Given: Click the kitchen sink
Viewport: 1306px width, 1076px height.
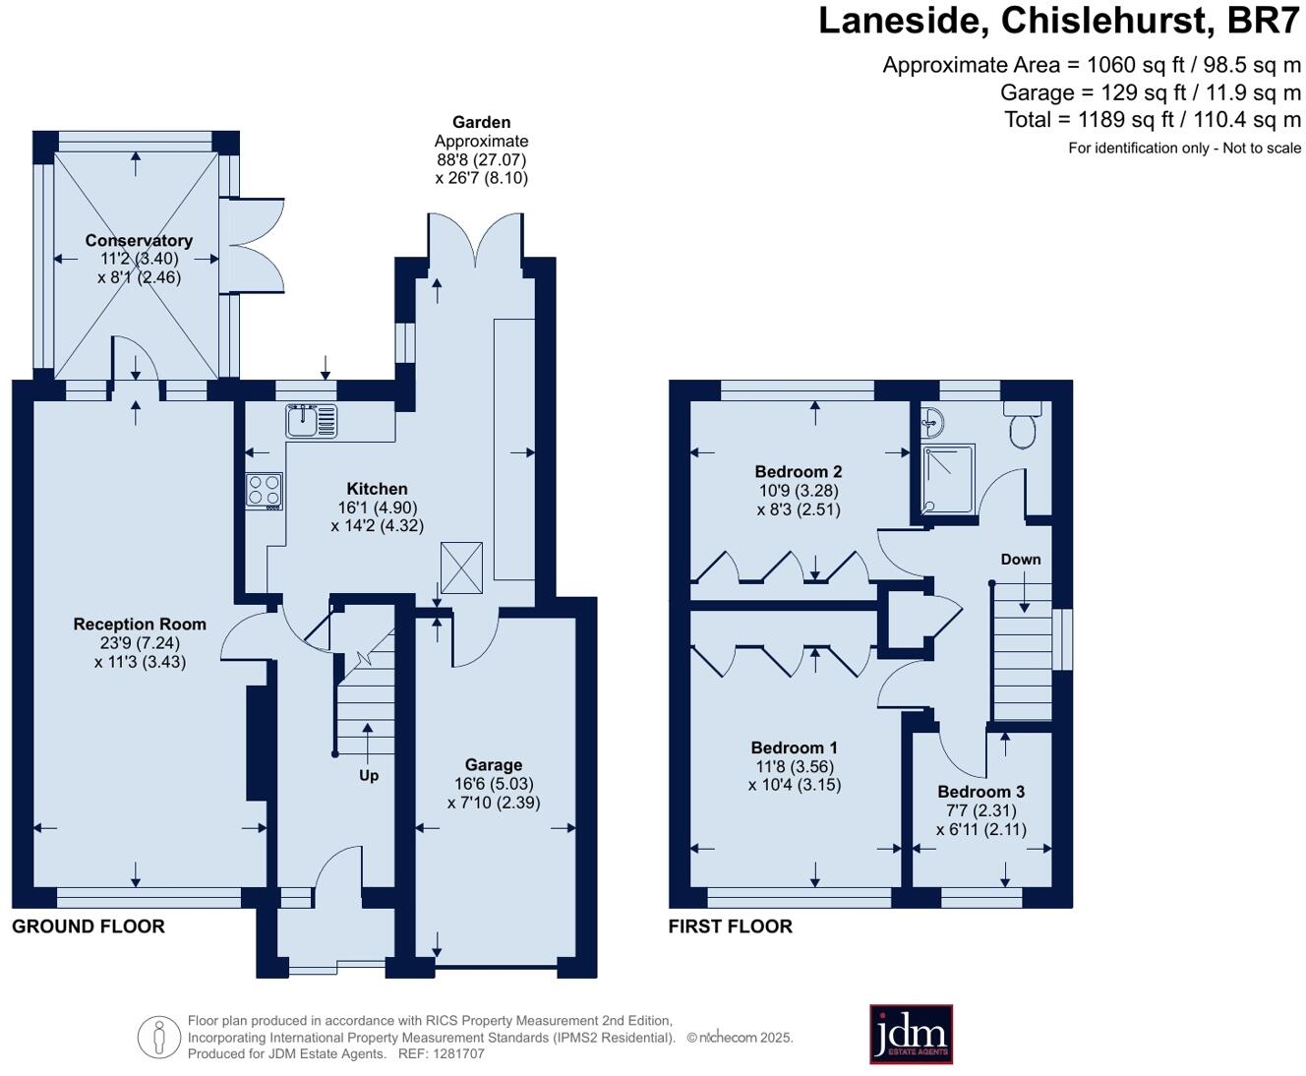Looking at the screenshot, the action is point(312,420).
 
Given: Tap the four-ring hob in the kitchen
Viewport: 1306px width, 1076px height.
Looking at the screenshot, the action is point(265,491).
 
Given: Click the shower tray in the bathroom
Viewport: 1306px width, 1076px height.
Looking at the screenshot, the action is point(949,479).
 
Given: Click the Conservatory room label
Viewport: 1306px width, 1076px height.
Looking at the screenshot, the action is point(139,241).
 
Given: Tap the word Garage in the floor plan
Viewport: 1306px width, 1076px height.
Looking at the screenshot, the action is point(494,765).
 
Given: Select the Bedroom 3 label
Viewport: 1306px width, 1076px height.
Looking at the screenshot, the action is point(980,792).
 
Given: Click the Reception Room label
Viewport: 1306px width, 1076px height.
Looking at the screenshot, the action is point(140,624).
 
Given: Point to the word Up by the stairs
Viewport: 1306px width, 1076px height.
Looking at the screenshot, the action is point(369,776).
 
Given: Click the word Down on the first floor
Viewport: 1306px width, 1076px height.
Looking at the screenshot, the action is point(1021,560).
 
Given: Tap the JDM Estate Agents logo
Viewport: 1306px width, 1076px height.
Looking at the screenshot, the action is point(911,1034).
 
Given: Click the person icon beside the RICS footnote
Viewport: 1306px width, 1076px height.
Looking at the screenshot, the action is point(159,1038).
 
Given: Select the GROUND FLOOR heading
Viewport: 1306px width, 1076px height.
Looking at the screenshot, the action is point(89,927).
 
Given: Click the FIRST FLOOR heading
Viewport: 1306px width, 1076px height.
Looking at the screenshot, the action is point(730,927).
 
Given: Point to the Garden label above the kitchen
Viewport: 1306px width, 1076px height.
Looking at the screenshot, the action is point(482,122).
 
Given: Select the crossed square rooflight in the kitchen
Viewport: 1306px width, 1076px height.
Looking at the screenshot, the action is point(461,568).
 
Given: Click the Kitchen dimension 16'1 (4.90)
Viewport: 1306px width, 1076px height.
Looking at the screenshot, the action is point(378,508).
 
